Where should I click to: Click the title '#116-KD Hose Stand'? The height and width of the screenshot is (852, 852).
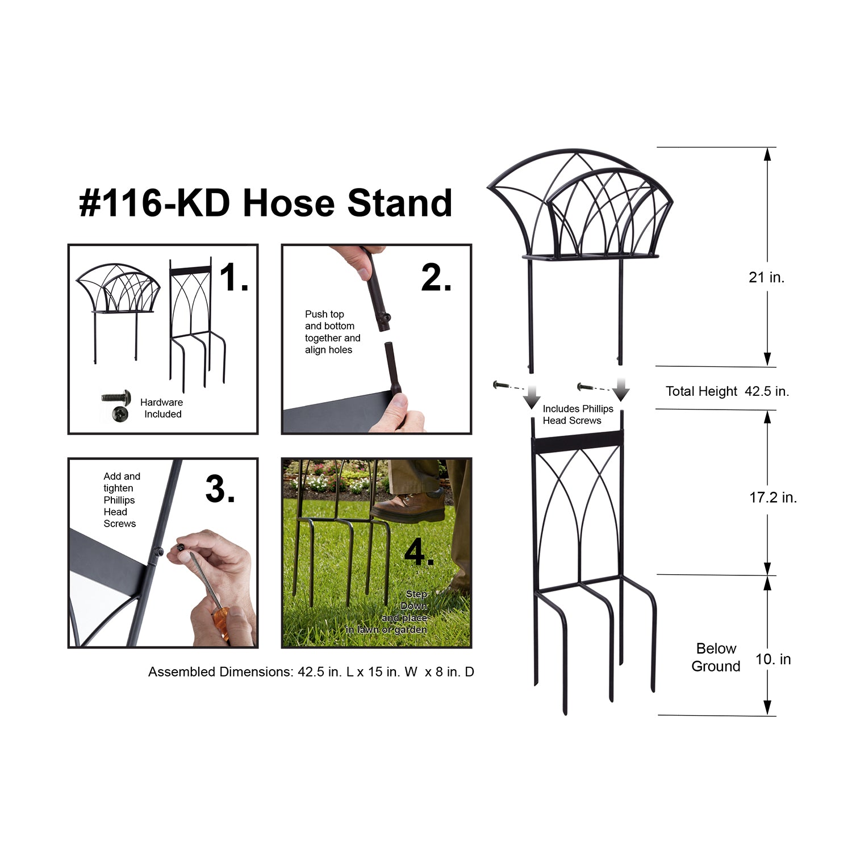tap(266, 203)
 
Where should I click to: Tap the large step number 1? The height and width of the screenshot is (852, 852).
tap(233, 278)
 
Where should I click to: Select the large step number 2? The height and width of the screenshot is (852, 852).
tap(436, 278)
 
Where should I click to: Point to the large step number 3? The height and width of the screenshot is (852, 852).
tap(220, 489)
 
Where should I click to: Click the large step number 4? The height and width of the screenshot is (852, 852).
tap(419, 551)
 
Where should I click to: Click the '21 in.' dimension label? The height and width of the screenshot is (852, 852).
tap(766, 277)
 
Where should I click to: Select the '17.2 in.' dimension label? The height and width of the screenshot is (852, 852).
tap(773, 498)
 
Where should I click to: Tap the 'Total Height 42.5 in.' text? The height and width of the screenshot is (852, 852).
tap(727, 391)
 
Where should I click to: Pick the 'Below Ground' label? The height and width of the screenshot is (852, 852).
tap(716, 657)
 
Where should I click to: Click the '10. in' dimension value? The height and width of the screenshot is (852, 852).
tap(773, 659)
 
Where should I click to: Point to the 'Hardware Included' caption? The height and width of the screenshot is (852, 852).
tap(162, 408)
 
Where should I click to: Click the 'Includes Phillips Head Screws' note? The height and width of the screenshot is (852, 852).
tap(578, 415)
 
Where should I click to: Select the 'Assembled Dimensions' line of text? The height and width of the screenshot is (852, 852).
tap(311, 672)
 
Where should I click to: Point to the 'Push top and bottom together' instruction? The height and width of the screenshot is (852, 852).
tap(332, 332)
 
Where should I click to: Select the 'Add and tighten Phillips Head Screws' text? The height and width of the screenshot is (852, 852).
tap(122, 500)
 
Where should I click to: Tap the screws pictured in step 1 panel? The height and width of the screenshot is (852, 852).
tap(117, 405)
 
